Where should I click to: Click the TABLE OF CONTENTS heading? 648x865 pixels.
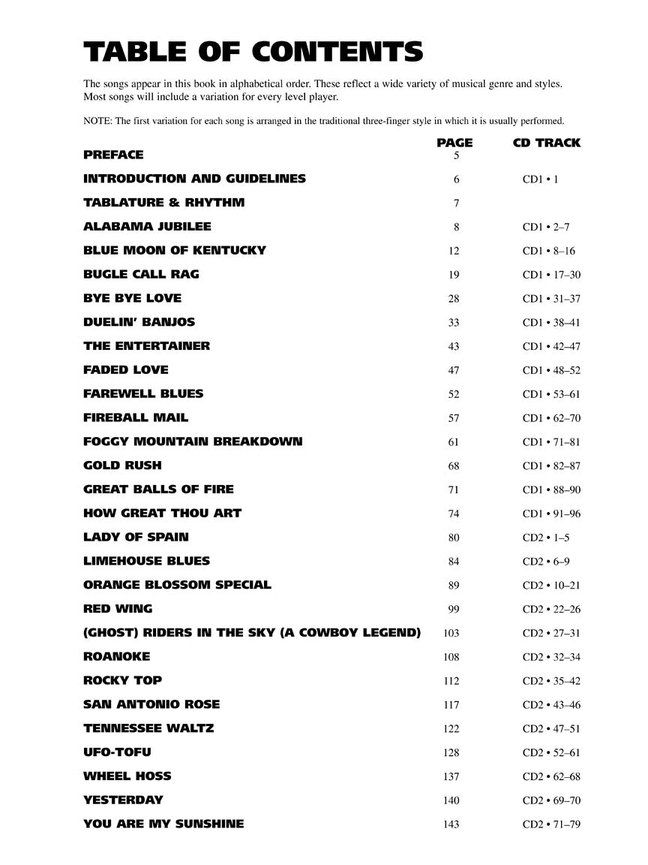[x=253, y=52]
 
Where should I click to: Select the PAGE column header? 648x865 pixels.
[x=454, y=143]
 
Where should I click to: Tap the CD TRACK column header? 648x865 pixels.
[x=546, y=143]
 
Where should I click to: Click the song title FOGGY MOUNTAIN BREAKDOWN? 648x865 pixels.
[x=193, y=442]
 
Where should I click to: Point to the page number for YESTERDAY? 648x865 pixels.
[x=451, y=800]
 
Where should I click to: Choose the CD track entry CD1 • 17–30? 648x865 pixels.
[x=551, y=275]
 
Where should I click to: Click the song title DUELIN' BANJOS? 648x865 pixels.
[x=139, y=322]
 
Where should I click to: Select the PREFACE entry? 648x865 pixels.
[x=113, y=155]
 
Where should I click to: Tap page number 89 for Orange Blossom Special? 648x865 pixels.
[x=454, y=586]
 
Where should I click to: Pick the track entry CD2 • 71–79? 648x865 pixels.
[x=551, y=824]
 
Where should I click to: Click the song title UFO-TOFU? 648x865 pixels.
[x=118, y=752]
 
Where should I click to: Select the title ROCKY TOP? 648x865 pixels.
[x=122, y=680]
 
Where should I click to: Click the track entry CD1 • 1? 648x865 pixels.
[x=540, y=179]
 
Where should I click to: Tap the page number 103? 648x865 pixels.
[x=451, y=633]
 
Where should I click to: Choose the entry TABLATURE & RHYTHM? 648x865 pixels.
[x=163, y=203]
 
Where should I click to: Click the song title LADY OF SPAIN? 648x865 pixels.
[x=136, y=537]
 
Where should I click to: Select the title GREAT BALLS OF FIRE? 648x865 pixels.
[x=158, y=490]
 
